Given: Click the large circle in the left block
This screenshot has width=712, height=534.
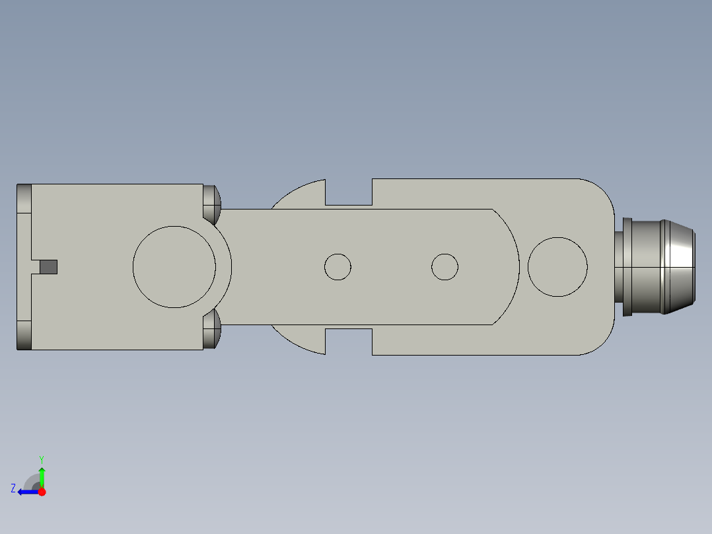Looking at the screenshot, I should point(174,267).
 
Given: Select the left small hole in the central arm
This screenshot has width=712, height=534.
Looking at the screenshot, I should point(338,267).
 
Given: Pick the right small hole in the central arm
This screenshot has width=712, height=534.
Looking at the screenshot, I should point(445,266).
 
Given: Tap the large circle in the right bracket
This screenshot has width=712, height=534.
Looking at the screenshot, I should point(558,267).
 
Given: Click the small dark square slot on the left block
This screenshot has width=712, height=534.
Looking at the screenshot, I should point(48,267).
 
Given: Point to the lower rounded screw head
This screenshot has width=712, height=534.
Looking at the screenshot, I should point(211,330).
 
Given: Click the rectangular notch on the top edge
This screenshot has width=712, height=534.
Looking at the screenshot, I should point(349,193).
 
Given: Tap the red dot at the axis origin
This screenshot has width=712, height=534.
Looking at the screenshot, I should point(42,492).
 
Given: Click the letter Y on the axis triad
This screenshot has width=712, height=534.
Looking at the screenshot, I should point(41,459).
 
